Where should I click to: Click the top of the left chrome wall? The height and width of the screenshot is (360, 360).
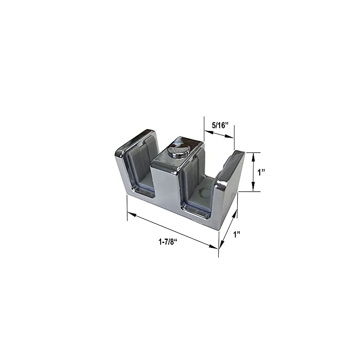pyautogui.click(x=136, y=140)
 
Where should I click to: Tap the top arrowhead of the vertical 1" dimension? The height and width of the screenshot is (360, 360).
pyautogui.click(x=254, y=155)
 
